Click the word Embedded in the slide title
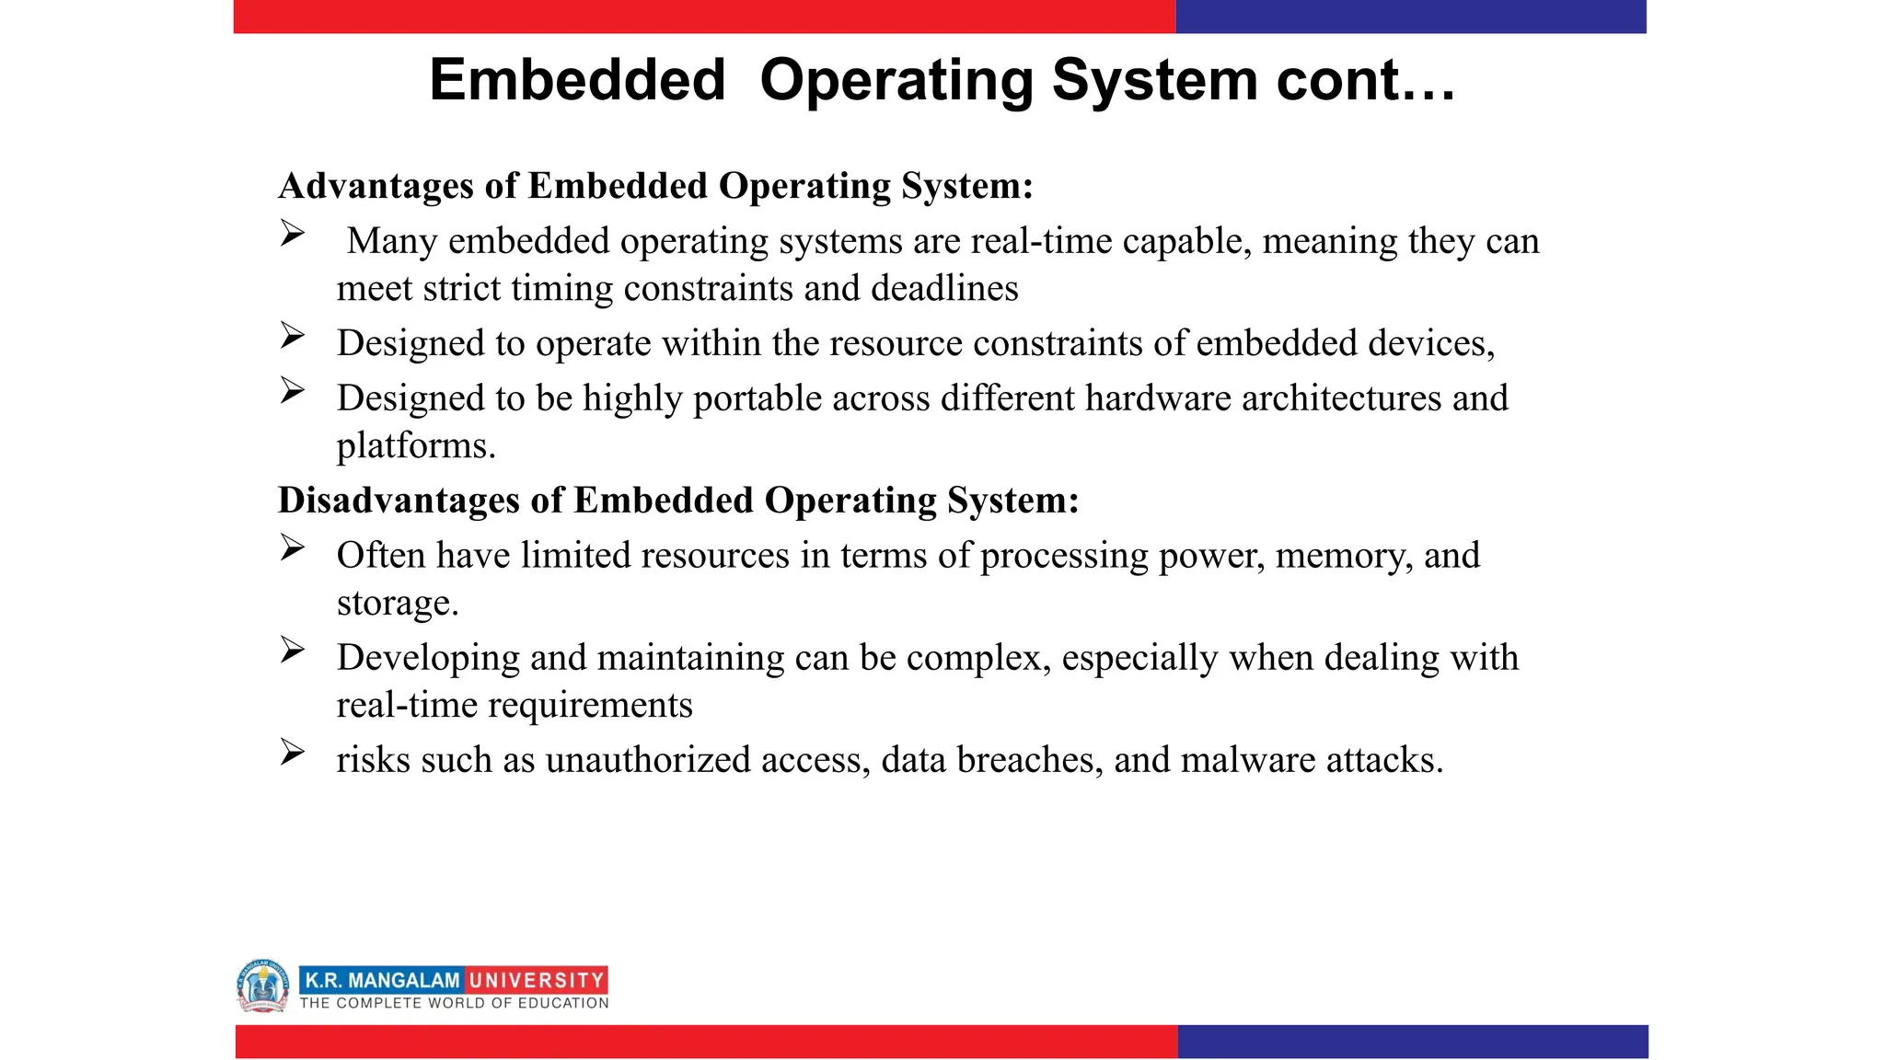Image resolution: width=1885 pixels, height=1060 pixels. (577, 80)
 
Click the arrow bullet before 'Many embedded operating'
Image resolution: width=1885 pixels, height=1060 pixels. (293, 234)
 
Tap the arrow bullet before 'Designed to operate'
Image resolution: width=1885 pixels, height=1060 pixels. (293, 336)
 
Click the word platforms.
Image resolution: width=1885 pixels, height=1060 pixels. (415, 446)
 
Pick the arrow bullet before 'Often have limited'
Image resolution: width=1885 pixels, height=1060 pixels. (293, 548)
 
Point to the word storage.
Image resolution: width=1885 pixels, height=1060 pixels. (397, 604)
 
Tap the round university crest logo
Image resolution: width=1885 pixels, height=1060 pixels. (262, 985)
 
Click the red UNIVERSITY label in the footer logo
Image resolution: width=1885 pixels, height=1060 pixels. (536, 981)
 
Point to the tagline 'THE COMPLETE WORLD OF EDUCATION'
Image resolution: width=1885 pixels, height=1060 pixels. (454, 1003)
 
